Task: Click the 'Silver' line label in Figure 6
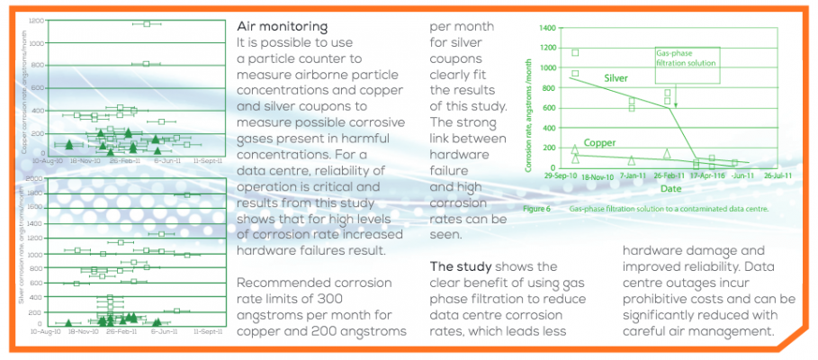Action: coord(615,78)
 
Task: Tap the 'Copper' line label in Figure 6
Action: coord(600,142)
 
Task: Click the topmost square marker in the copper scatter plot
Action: coord(147,23)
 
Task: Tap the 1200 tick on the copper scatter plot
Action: coord(35,20)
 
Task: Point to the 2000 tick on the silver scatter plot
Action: coord(35,179)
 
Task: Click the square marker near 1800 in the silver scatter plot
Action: coord(187,194)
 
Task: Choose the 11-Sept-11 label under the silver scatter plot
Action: coord(208,331)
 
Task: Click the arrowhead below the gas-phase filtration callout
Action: coord(676,106)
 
